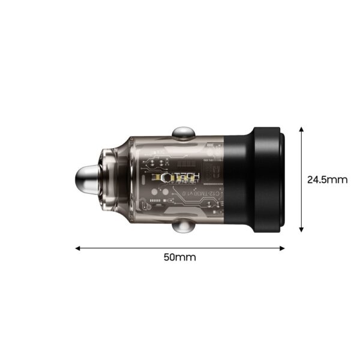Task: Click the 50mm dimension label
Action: click(180, 257)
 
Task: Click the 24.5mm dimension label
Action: click(328, 179)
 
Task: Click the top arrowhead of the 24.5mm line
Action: click(302, 130)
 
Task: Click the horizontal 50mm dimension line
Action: click(180, 247)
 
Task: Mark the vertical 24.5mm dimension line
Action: click(302, 180)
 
